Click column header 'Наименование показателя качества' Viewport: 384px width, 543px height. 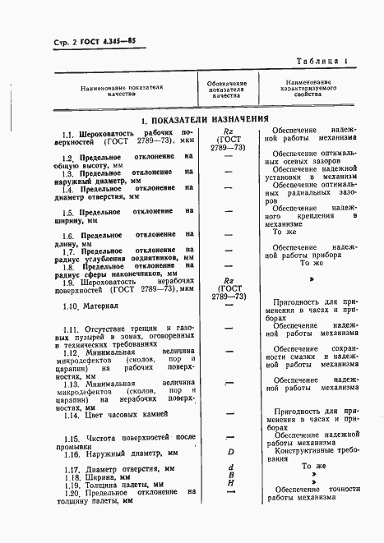click(122, 90)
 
